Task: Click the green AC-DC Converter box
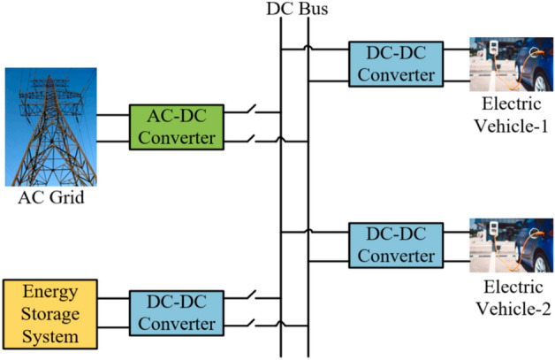174,127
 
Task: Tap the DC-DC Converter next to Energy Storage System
174,312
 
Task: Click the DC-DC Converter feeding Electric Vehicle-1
392,64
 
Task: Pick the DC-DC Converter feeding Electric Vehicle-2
392,245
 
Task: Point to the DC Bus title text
294,10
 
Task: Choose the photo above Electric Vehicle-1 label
511,64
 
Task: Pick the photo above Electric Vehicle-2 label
511,245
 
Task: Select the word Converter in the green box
174,138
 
